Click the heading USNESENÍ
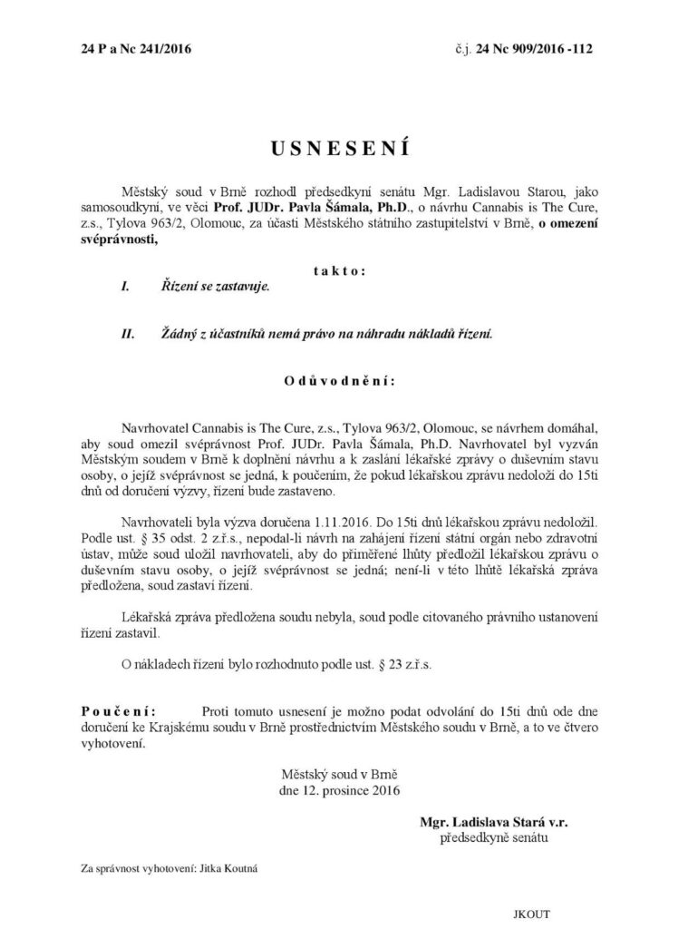click(x=338, y=146)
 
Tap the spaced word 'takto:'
click(x=339, y=270)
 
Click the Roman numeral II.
click(x=128, y=334)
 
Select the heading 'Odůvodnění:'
click(x=339, y=382)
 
